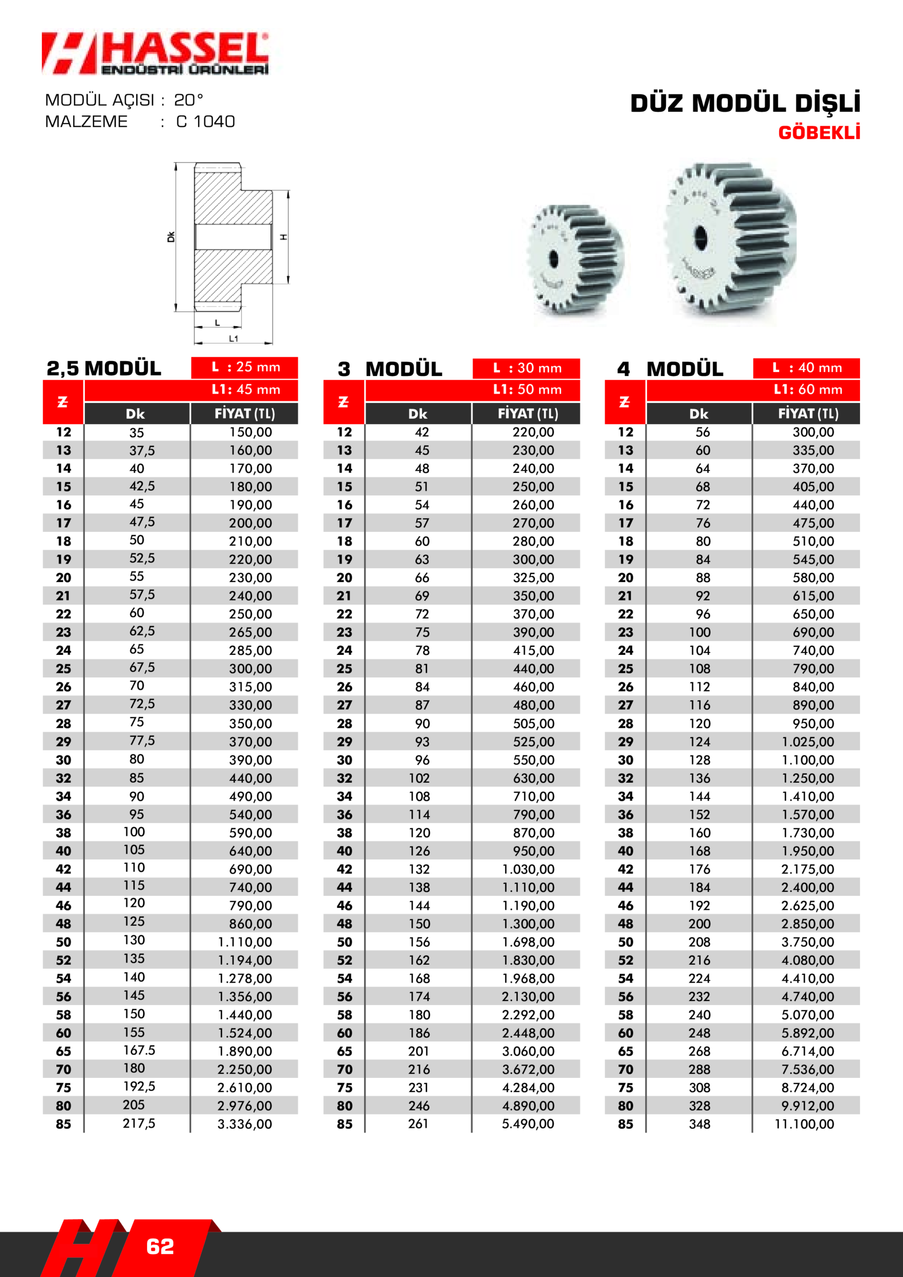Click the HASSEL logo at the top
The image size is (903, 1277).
coord(156,53)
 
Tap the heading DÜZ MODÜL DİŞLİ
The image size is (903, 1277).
coord(745,103)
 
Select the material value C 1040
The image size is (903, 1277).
coord(206,121)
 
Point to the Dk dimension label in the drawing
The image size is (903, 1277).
coord(171,237)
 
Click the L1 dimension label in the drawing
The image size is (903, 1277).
coord(233,338)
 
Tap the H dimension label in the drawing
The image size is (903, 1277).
coord(284,237)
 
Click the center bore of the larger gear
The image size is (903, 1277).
coord(700,237)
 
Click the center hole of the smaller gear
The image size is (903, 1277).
coord(553,258)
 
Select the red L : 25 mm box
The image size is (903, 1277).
coord(245,367)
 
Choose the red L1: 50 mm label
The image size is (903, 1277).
coord(527,389)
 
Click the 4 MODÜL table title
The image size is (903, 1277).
coord(670,369)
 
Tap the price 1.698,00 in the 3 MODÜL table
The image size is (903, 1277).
coord(528,942)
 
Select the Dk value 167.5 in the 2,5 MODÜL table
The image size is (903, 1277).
coord(139,1050)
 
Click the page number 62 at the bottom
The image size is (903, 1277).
coord(160,1247)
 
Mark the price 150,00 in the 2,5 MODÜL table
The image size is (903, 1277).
coord(251,432)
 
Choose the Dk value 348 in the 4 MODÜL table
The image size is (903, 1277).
coord(699,1123)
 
